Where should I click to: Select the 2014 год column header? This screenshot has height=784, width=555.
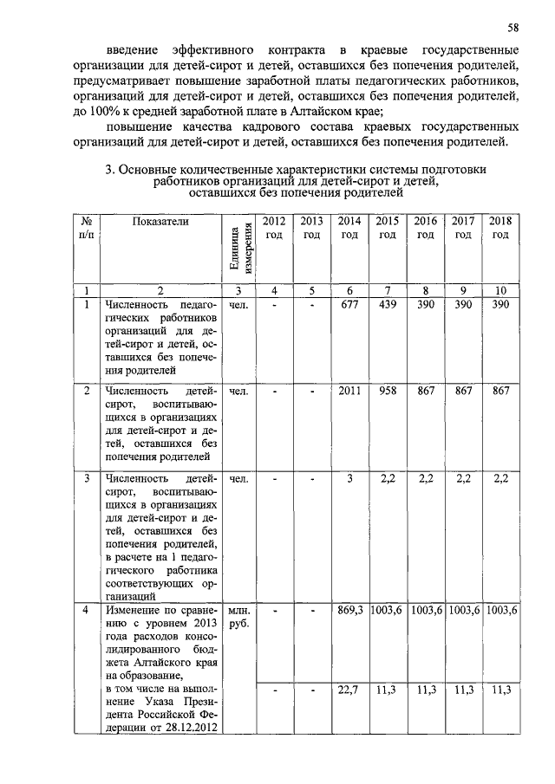click(x=349, y=228)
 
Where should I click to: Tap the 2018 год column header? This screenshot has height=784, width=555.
click(x=501, y=228)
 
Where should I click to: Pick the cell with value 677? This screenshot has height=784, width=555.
click(x=349, y=305)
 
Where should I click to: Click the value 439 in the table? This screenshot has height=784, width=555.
click(x=388, y=305)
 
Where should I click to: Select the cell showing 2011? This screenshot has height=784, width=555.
click(x=349, y=392)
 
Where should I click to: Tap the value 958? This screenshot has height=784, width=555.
click(x=388, y=392)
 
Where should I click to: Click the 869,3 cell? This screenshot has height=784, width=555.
click(x=349, y=611)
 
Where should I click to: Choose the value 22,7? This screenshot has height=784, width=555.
click(x=349, y=690)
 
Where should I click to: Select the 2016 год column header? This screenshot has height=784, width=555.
click(x=425, y=228)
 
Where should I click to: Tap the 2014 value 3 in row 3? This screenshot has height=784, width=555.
click(x=349, y=478)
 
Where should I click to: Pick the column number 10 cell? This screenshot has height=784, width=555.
click(x=501, y=290)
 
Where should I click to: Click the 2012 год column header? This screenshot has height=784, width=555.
click(x=274, y=228)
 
